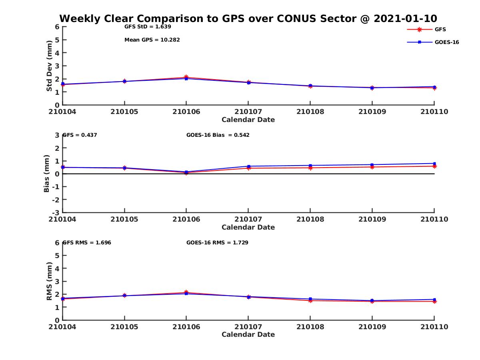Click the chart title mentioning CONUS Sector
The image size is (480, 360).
[248, 19]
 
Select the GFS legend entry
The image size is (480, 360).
[440, 29]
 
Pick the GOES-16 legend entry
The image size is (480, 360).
[446, 42]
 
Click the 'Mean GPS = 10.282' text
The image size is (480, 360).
[152, 40]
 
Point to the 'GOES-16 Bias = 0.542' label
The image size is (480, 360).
[218, 135]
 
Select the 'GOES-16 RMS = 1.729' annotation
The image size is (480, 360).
[217, 242]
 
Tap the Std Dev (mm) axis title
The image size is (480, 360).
[49, 66]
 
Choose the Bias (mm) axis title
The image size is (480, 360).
[47, 174]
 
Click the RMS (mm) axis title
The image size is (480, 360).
[49, 281]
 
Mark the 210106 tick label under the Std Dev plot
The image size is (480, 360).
[186, 112]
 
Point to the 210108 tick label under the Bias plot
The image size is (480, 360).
[310, 219]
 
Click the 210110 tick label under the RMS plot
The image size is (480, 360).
[434, 327]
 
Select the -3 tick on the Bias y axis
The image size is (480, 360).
[57, 212]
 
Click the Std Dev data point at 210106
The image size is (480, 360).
[186, 78]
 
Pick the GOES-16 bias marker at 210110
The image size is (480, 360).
[434, 163]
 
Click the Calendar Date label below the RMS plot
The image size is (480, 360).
[248, 334]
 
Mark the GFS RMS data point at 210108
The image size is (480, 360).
[310, 300]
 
